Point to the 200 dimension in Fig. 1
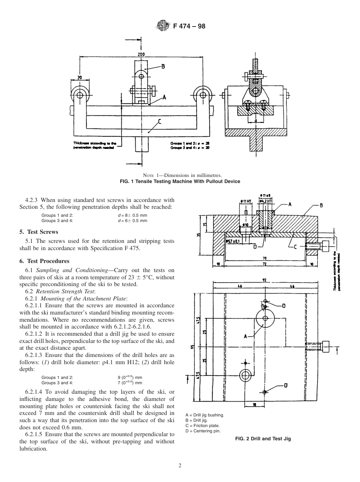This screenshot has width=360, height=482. point(141,54)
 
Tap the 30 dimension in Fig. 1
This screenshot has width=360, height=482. point(80,78)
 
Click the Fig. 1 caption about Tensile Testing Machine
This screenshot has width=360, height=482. point(180,181)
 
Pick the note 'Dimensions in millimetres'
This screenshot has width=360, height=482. point(180,175)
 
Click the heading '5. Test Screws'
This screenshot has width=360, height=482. point(39,232)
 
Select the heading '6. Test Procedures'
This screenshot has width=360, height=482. point(44,261)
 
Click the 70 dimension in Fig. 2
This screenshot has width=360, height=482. point(264,258)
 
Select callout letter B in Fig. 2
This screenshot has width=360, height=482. point(321,205)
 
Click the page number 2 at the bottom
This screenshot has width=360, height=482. point(180,465)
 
